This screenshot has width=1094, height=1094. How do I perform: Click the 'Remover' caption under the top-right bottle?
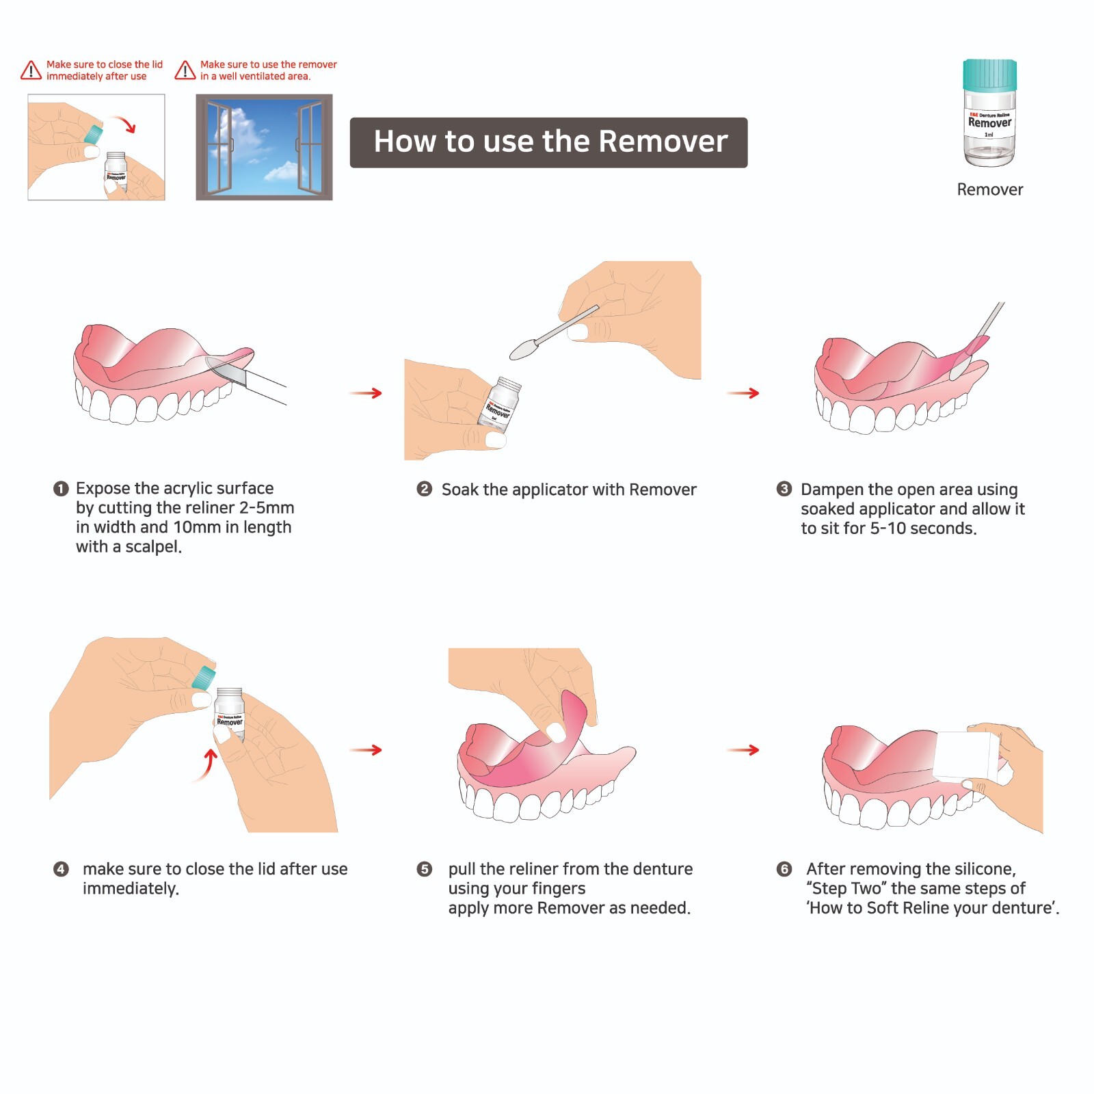coord(989,189)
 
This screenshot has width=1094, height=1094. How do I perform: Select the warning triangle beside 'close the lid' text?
coord(31,70)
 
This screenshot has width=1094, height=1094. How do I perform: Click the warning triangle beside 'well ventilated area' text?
coord(185,70)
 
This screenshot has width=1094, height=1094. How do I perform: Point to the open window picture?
coord(264,147)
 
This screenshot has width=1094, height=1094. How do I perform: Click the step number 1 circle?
coord(61,488)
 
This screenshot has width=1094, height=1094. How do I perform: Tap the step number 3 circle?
coord(784,489)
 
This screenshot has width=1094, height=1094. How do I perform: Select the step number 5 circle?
coord(424,869)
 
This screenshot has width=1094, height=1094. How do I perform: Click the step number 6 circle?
coord(784,869)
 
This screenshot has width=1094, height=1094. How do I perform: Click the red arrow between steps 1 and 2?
coord(366,393)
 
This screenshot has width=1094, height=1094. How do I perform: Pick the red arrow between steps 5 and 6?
coord(743,750)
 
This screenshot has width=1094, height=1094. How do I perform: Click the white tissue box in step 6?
coord(965,757)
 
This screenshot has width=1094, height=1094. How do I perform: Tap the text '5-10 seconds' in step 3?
coord(923,529)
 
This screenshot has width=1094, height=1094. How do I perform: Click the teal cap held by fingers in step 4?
coord(203,678)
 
